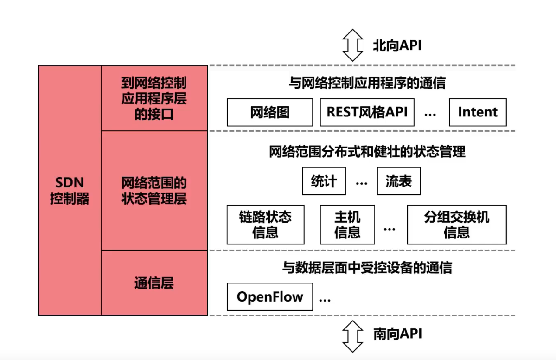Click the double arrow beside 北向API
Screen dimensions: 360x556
[352, 45]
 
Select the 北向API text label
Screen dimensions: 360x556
[397, 45]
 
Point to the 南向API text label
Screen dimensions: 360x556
[397, 334]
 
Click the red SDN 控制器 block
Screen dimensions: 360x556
[70, 191]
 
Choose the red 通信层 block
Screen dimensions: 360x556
[154, 283]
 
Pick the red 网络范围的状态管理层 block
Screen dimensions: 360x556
[154, 191]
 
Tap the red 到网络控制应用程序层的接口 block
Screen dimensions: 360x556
[154, 98]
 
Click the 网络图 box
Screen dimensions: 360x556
[269, 112]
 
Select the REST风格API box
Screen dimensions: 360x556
[367, 112]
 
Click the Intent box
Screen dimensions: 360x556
[478, 112]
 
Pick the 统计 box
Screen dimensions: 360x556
[324, 181]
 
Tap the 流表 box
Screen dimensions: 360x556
[399, 181]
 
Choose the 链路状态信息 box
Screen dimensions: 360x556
[265, 225]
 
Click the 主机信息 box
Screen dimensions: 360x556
[347, 225]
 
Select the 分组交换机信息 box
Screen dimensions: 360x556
[457, 225]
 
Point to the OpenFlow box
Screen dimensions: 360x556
[270, 297]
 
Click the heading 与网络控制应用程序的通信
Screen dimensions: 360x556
[367, 83]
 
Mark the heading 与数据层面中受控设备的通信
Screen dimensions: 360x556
[367, 267]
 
